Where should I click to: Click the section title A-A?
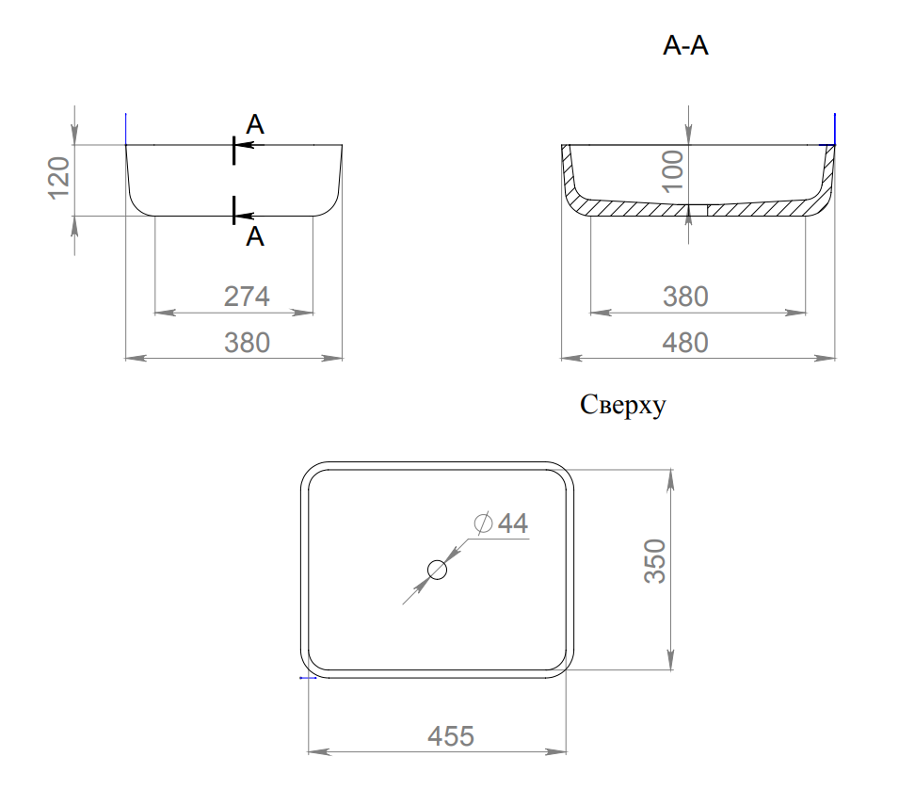tap(685, 45)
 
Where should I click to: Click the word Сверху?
tap(622, 405)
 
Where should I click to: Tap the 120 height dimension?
tap(59, 178)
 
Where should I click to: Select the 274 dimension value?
tap(247, 297)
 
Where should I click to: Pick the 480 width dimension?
tap(685, 343)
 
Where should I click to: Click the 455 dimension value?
tap(451, 736)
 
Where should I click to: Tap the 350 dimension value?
tap(655, 561)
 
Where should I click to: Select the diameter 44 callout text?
tap(501, 523)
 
